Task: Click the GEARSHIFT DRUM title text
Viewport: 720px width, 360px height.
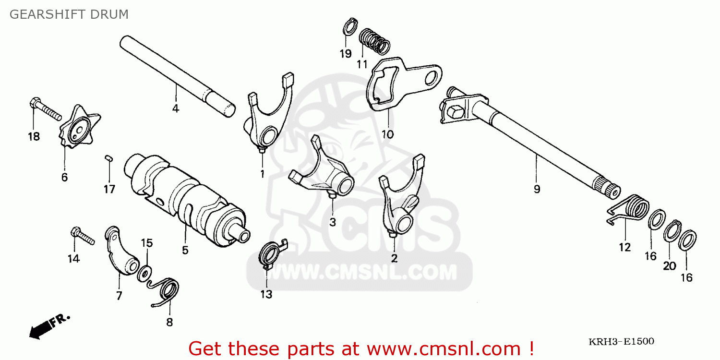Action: coord(69,14)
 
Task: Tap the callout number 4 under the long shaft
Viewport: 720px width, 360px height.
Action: coord(176,108)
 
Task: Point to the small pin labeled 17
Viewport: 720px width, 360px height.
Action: coord(108,158)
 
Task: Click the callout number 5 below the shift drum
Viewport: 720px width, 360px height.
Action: coord(185,251)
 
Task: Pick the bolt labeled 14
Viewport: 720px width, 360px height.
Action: coord(82,236)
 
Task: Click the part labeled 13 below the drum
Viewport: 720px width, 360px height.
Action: coord(272,253)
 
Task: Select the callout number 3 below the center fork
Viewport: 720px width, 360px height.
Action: coord(333,222)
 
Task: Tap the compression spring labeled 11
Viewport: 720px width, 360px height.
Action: coord(374,41)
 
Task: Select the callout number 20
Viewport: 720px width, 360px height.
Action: coord(670,266)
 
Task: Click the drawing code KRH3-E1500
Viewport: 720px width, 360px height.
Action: coord(621,341)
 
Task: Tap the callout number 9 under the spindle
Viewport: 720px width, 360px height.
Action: coord(537,189)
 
